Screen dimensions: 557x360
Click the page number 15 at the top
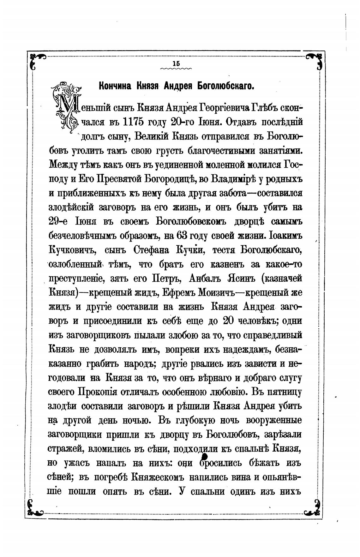(x=176, y=63)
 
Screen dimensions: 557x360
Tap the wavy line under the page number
(x=176, y=68)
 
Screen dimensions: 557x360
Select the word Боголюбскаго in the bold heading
(x=225, y=86)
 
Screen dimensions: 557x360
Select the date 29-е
(x=60, y=222)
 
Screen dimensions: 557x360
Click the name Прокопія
(x=97, y=392)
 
